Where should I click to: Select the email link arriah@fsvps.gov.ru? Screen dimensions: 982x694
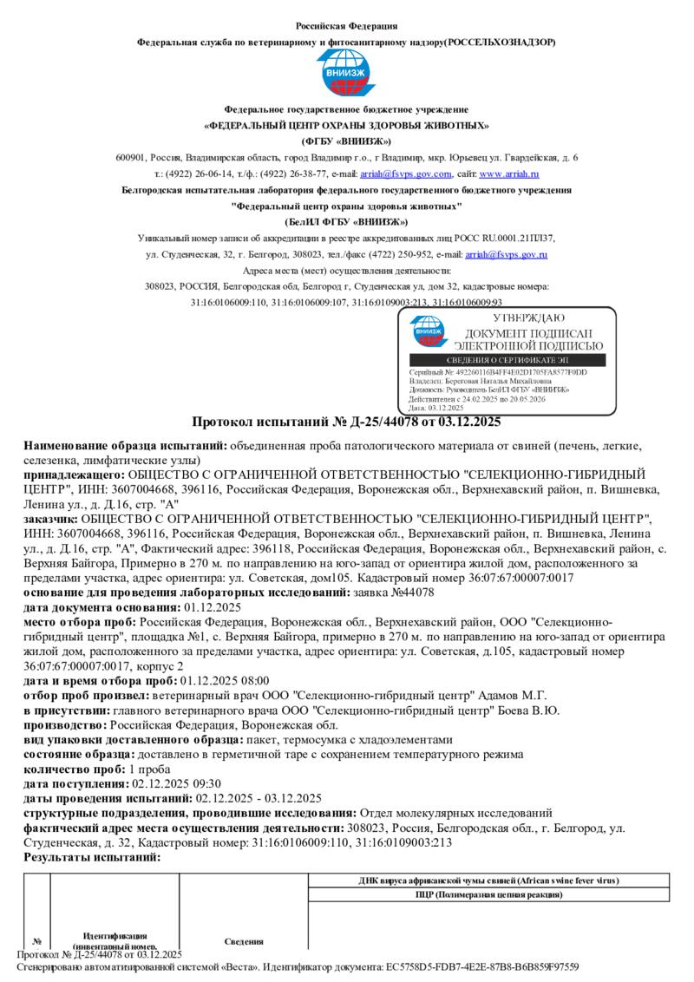[506, 254]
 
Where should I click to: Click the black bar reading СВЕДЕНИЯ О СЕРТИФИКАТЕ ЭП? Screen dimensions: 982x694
[509, 360]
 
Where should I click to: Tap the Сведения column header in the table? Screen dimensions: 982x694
[244, 941]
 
